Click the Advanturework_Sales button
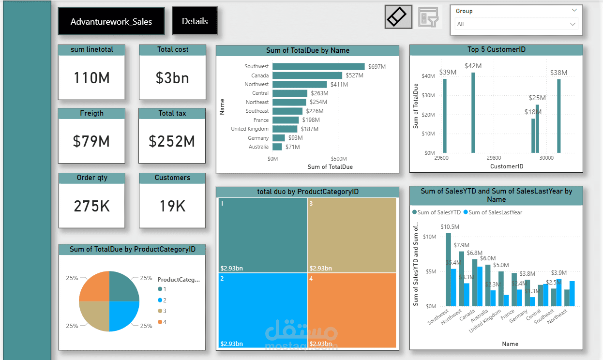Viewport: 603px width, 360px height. click(111, 22)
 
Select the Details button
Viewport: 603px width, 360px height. click(195, 21)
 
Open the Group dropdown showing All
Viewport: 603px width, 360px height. click(516, 24)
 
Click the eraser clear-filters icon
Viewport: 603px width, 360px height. click(398, 17)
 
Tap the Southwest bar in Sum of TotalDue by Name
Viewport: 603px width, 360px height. click(318, 66)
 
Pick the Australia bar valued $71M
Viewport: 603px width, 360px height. click(278, 147)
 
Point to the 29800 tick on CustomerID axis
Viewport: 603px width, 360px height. click(494, 158)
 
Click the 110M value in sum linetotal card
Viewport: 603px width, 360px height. click(91, 78)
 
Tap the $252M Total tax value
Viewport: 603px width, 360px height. click(172, 141)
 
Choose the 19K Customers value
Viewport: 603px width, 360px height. click(172, 206)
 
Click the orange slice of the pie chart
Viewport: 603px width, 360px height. click(95, 286)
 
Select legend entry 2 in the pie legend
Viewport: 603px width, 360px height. click(164, 300)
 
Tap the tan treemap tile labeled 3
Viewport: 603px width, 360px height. click(352, 235)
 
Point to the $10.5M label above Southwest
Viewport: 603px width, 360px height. click(450, 226)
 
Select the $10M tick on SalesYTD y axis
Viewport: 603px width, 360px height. click(429, 237)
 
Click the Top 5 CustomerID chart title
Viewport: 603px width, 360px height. click(496, 50)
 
